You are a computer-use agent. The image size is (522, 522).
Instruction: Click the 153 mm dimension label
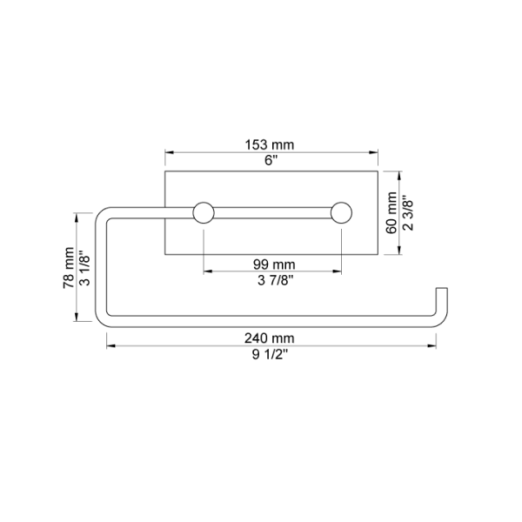pos(270,144)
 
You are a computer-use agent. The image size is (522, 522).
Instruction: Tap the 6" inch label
pos(271,160)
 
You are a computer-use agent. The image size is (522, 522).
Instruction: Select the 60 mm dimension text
pos(391,213)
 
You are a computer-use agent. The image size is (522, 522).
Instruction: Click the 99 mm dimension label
pos(274,264)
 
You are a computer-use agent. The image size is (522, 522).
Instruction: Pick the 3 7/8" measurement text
pos(276,280)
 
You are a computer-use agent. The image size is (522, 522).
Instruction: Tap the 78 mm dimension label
pos(69,268)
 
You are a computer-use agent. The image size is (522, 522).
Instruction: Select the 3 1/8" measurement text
pos(84,268)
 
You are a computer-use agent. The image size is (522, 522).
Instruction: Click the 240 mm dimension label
pos(270,338)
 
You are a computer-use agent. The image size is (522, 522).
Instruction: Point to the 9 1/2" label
pos(270,355)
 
